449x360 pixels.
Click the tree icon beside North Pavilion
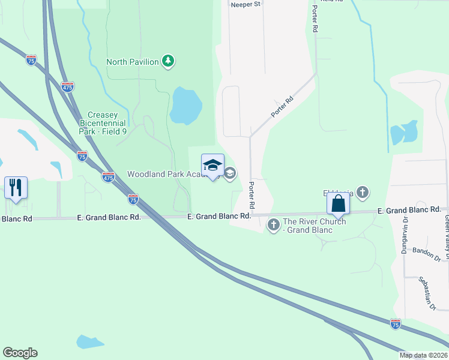(169, 61)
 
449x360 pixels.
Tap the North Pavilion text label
(133, 62)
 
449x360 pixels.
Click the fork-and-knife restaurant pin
(16, 187)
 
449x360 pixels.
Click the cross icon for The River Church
(273, 224)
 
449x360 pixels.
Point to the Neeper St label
(246, 4)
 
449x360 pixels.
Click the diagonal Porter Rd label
(281, 106)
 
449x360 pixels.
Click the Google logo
(20, 353)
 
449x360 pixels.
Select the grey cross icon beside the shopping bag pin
(362, 193)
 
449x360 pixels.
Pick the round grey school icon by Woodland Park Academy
(230, 173)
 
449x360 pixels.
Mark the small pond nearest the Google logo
(90, 342)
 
